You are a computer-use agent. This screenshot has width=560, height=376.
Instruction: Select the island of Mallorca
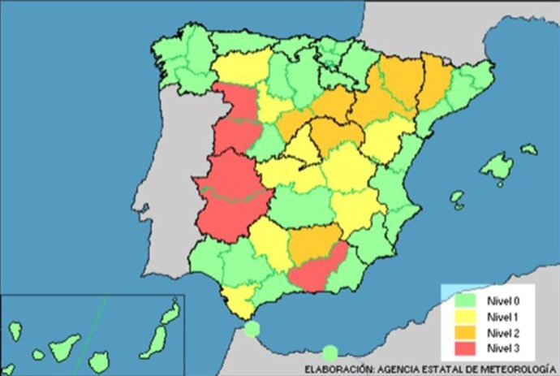click(496, 167)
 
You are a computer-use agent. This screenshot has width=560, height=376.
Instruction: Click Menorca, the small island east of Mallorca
click(528, 149)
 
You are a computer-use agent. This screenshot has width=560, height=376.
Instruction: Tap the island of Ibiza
click(458, 198)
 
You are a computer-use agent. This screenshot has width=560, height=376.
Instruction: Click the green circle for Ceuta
click(252, 329)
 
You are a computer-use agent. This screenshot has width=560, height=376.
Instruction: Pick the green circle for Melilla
click(330, 352)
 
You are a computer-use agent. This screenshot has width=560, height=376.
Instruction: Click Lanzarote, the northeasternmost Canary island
click(172, 312)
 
